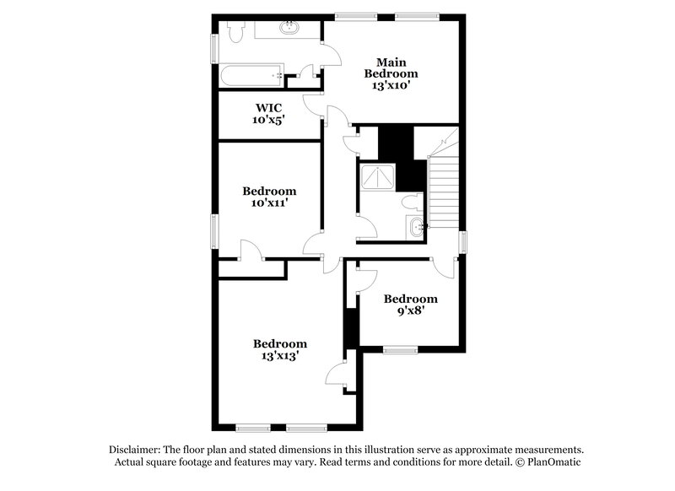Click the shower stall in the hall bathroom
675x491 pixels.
tap(376, 176)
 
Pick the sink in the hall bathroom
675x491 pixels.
tap(416, 227)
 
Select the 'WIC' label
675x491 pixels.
tap(268, 108)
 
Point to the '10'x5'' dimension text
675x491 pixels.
tap(268, 121)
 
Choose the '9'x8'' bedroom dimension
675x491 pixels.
tap(410, 311)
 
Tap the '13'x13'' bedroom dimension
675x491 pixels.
tap(280, 356)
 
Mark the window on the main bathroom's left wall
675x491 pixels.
tap(213, 48)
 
